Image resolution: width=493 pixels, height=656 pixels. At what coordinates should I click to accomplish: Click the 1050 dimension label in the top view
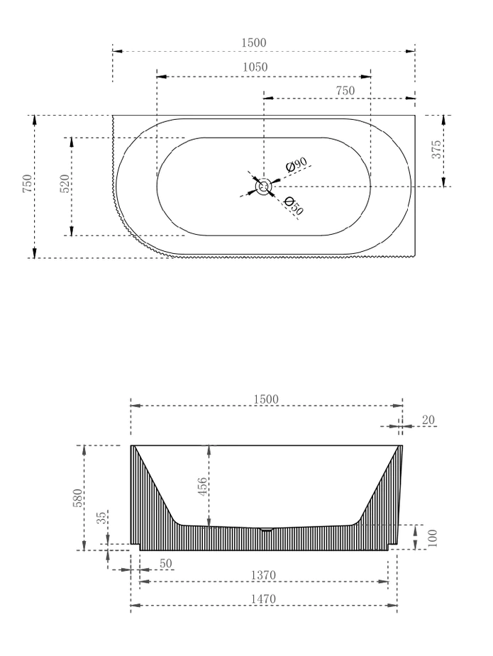[x=255, y=67]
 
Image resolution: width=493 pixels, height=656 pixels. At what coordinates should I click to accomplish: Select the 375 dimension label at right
[x=437, y=148]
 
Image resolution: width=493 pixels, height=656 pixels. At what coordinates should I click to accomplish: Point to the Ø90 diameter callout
[x=296, y=165]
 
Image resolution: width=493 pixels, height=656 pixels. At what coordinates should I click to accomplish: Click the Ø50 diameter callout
[x=293, y=206]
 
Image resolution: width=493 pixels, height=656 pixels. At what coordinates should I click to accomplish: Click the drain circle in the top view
[x=263, y=187]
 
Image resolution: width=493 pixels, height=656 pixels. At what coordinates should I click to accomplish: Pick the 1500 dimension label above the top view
[x=254, y=43]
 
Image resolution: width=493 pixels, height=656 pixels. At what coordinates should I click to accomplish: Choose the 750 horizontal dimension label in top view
[x=345, y=91]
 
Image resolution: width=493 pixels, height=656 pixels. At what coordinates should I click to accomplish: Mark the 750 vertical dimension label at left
[x=27, y=184]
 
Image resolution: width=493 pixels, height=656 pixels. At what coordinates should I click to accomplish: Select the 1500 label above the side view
[x=266, y=399]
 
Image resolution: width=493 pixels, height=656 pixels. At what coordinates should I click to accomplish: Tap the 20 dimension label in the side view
[x=428, y=420]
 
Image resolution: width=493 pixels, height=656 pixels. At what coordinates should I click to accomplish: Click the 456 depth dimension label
[x=202, y=487]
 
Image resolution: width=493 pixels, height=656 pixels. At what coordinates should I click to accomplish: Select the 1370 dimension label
[x=263, y=574]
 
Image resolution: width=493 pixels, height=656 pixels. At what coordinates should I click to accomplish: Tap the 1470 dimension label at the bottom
[x=263, y=599]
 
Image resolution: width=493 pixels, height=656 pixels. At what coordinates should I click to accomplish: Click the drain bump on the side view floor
[x=266, y=529]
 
